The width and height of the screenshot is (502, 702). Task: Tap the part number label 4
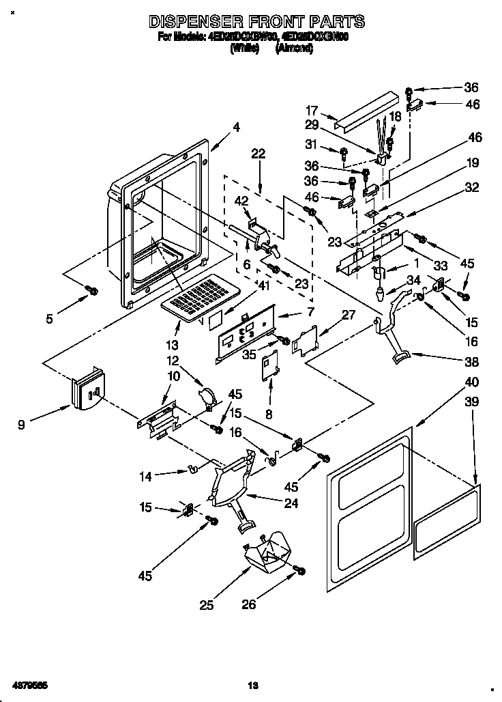(236, 126)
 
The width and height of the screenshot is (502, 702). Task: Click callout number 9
(22, 425)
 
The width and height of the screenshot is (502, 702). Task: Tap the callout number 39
(471, 404)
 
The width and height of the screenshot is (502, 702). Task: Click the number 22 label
(258, 154)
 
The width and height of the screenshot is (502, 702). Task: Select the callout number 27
(349, 315)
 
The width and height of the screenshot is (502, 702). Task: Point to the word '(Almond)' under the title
(294, 48)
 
